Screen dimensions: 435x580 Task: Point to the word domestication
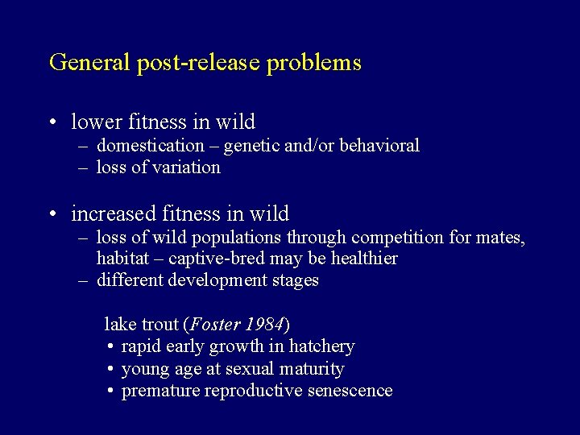point(151,146)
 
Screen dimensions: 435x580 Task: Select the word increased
point(112,213)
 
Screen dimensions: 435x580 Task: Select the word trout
point(159,324)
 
